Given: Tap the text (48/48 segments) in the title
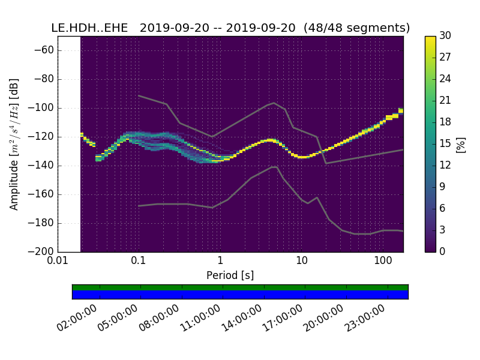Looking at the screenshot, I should pos(357,28).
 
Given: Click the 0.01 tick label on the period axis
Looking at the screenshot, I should pos(58,262).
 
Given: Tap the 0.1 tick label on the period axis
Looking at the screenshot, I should pos(139,262).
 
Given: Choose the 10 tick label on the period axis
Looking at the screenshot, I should pos(302,262).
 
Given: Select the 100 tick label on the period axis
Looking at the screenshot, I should pos(383,262).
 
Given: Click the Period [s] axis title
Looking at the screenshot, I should pos(230,275).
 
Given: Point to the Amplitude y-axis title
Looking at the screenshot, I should pos(14,144).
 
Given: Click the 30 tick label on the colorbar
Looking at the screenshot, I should pos(445,36).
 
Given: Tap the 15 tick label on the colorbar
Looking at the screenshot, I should pos(445,143).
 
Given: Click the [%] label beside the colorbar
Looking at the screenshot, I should pos(461,144).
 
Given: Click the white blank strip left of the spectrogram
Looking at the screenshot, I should pos(69,144).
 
